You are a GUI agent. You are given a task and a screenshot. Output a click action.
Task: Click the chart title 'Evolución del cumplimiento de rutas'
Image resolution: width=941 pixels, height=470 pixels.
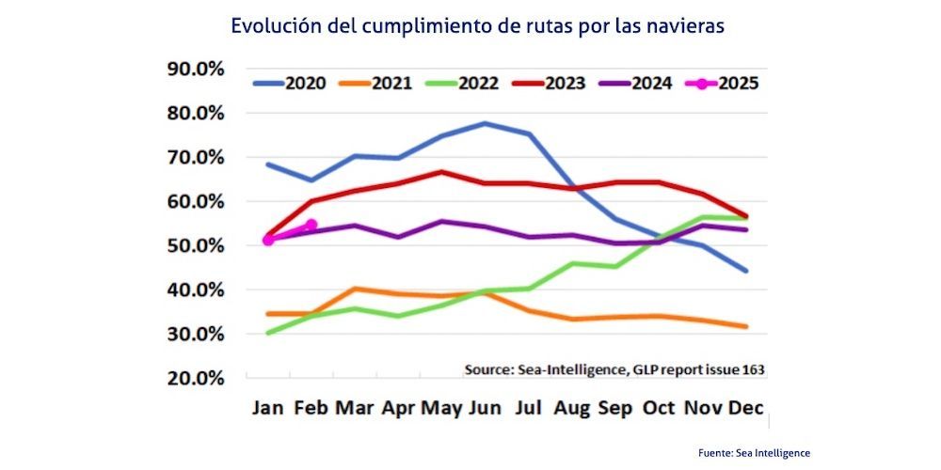click(x=477, y=26)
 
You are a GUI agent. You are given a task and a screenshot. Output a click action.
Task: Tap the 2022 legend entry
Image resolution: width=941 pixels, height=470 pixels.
click(x=461, y=83)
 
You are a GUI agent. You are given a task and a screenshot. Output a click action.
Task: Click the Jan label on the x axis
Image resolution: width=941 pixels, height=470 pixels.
click(x=269, y=409)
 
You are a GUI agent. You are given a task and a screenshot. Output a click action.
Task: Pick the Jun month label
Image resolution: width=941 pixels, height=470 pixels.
click(x=484, y=409)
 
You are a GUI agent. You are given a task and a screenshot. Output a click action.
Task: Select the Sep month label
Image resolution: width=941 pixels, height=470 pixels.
click(x=615, y=409)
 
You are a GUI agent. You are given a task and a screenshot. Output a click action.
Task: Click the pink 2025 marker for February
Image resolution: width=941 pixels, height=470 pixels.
click(x=311, y=225)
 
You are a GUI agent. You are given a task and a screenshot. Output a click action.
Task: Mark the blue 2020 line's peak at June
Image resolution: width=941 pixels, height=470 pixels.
click(x=485, y=123)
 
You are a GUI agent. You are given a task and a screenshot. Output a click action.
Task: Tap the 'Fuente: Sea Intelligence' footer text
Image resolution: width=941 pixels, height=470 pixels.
click(x=754, y=453)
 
